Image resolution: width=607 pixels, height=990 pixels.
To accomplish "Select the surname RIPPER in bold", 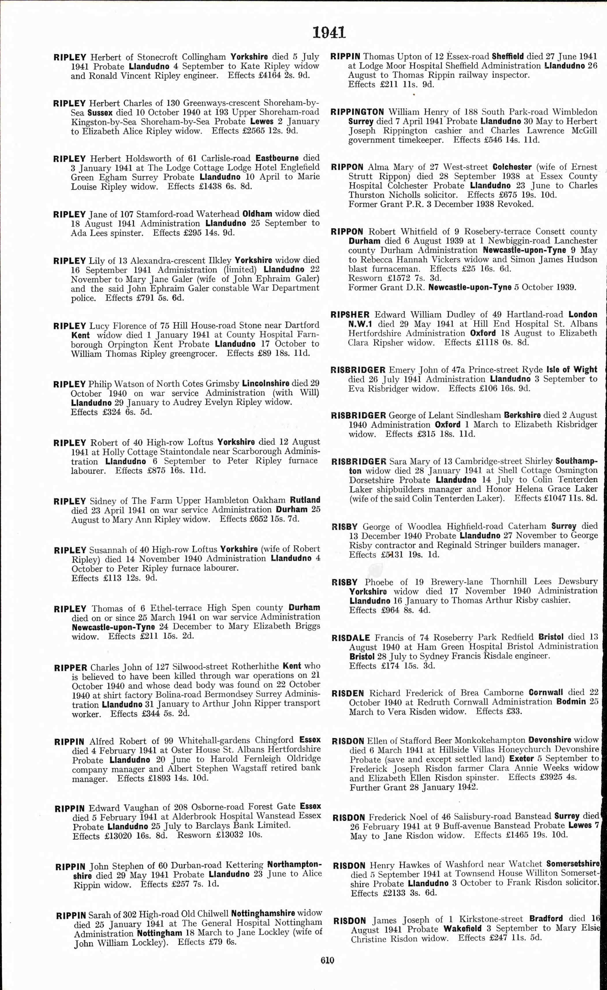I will point(70,667).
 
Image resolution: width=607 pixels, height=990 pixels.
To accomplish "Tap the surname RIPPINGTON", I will point(357,112).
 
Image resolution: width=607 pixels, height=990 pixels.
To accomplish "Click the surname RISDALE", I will point(350,638).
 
